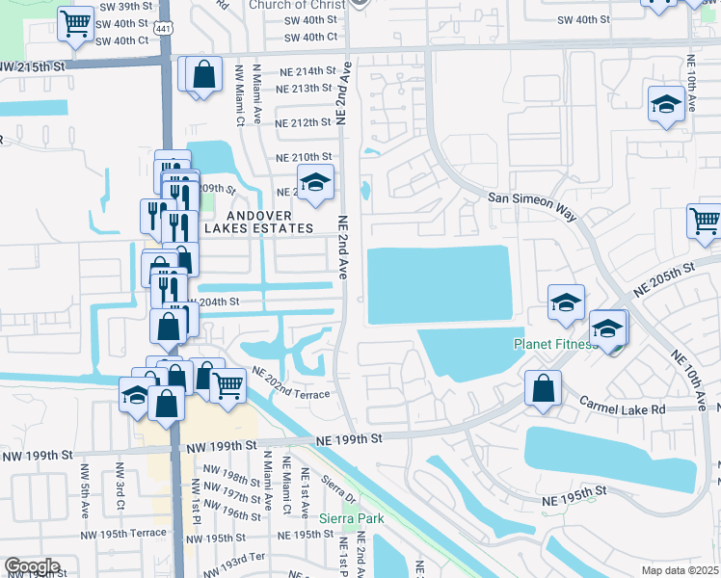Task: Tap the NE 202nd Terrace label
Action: (x=291, y=383)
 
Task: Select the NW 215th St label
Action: (x=38, y=66)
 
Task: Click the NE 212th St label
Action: (x=304, y=122)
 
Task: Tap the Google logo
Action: (x=32, y=566)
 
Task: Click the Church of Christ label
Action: (x=296, y=5)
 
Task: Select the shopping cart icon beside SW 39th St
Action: (x=74, y=22)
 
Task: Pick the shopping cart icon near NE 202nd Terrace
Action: (x=228, y=385)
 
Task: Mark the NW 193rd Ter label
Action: (x=239, y=558)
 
